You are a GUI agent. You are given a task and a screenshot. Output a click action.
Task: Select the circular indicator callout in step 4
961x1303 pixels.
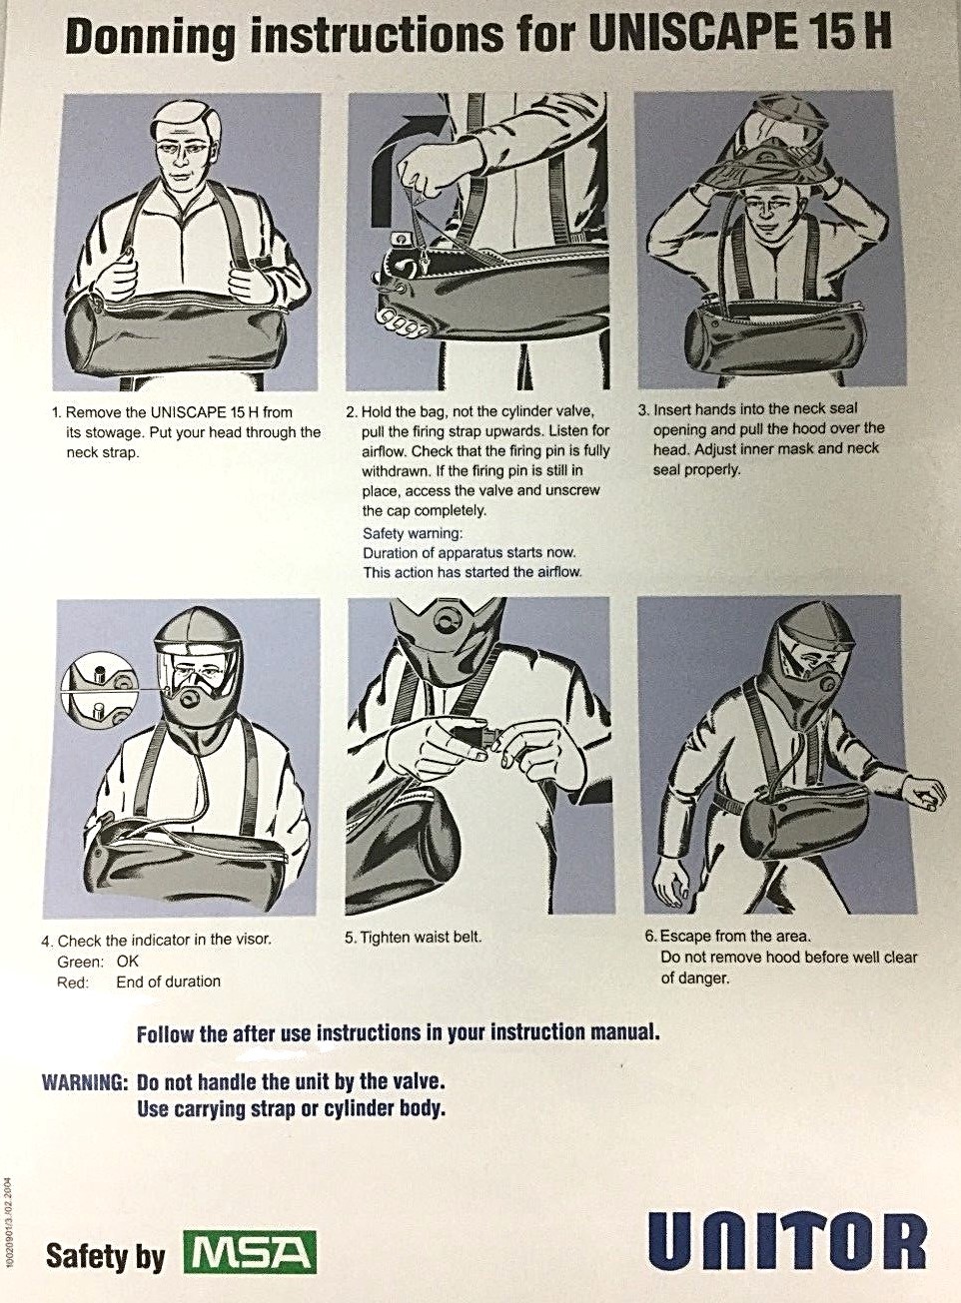click(x=98, y=691)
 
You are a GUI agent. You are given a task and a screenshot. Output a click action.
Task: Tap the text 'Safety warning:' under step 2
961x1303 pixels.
click(x=413, y=533)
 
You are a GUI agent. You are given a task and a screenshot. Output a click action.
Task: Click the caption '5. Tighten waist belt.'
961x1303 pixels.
click(x=413, y=938)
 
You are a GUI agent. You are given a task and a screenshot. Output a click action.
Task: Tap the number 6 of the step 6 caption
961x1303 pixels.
click(x=648, y=937)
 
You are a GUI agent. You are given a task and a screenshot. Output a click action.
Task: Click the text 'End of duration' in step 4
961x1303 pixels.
click(x=168, y=981)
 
